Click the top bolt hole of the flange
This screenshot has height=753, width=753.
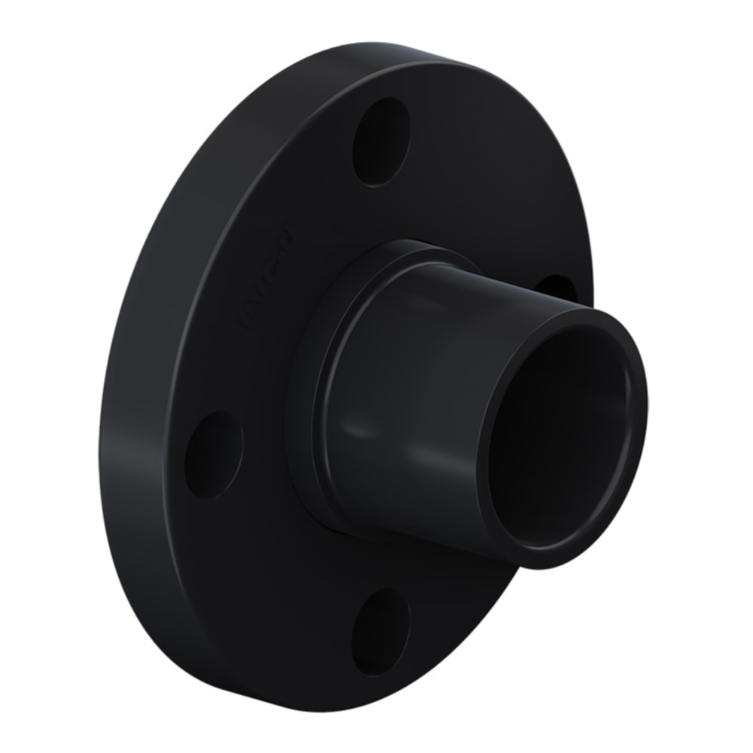point(382,141)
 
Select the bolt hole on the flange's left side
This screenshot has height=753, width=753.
point(214,454)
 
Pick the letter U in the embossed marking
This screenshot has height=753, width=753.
point(287,230)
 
